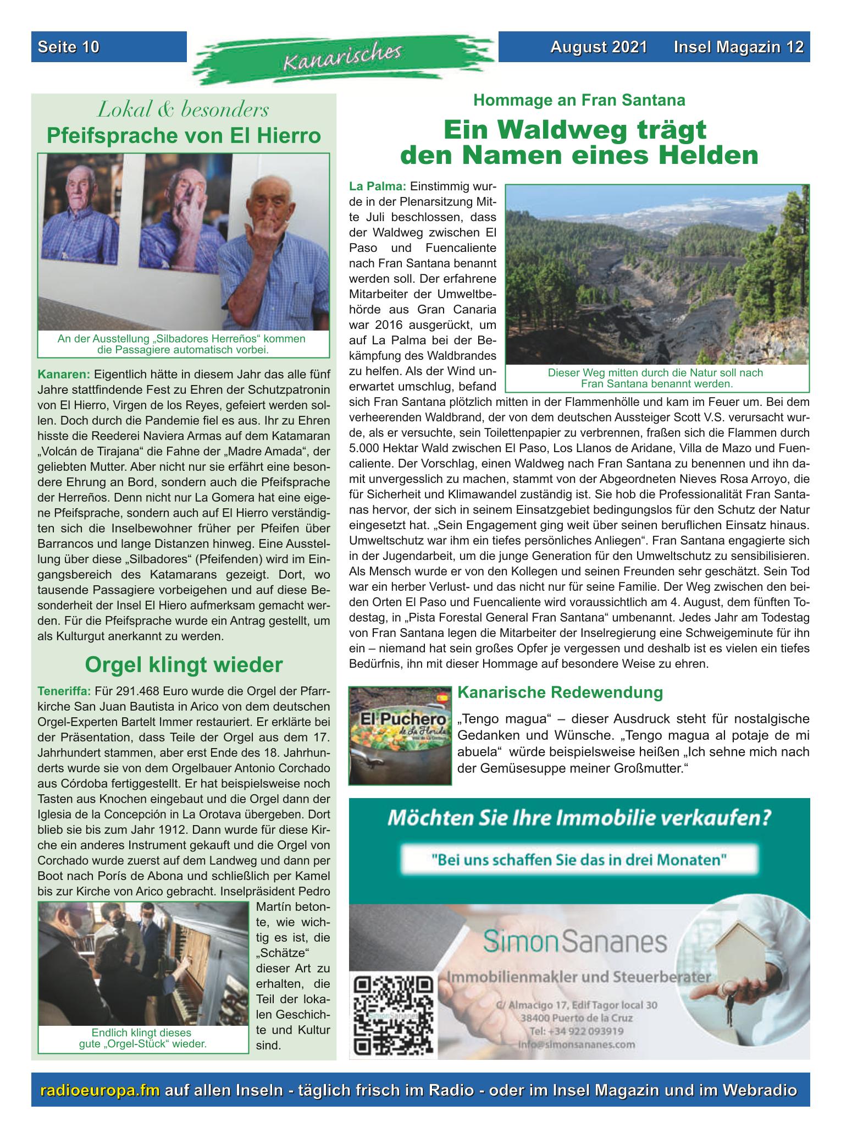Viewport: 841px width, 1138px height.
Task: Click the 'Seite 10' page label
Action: coord(69,47)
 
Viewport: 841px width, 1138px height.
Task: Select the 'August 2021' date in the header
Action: coord(599,47)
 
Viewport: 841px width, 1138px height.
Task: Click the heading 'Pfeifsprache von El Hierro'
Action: coord(184,135)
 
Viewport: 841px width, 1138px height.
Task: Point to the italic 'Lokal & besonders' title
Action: coord(184,110)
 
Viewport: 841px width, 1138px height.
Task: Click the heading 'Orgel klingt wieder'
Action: coord(184,665)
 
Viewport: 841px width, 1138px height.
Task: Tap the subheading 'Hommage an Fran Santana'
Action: coord(579,100)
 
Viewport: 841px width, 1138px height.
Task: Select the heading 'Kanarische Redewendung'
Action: coord(560,692)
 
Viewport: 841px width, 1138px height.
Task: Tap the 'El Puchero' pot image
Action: coord(400,735)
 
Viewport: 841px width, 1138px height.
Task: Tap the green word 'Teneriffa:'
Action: coord(64,690)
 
